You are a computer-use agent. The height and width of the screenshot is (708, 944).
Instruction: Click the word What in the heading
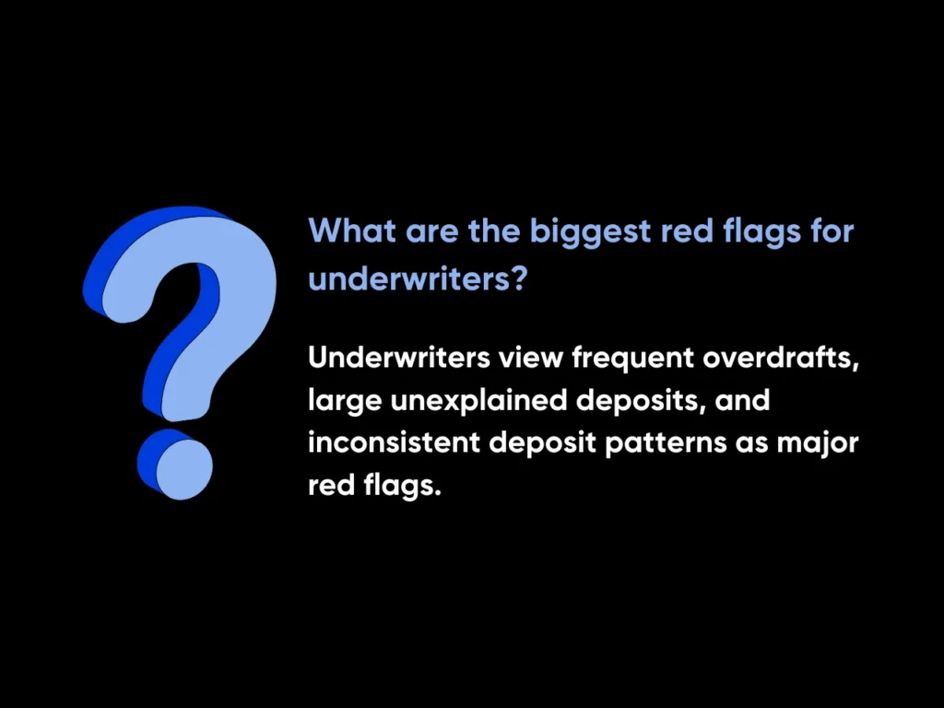pyautogui.click(x=352, y=230)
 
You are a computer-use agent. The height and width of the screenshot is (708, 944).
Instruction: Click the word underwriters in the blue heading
pyautogui.click(x=412, y=278)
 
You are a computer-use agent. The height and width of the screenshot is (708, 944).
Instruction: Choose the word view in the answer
pyautogui.click(x=530, y=358)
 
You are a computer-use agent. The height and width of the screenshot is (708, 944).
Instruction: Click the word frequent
pyautogui.click(x=632, y=360)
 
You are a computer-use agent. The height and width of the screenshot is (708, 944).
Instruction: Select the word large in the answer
pyautogui.click(x=345, y=402)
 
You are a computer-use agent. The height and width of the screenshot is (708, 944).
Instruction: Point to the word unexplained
pyautogui.click(x=478, y=402)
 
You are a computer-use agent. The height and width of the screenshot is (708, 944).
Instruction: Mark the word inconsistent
pyautogui.click(x=394, y=442)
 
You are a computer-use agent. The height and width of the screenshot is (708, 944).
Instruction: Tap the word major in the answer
pyautogui.click(x=818, y=444)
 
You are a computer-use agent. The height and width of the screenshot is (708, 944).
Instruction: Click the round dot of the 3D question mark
pyautogui.click(x=175, y=465)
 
